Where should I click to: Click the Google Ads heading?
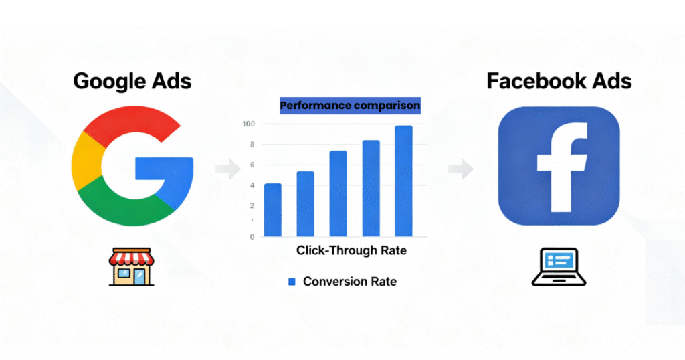pos(132,81)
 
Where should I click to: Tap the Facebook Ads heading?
pos(559,81)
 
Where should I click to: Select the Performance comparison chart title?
pos(350,106)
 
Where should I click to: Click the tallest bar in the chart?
pos(403,181)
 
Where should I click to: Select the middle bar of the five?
pos(338,193)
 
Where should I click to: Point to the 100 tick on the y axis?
pos(249,124)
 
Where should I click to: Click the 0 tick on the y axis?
pos(252,237)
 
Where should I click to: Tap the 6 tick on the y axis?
pos(252,165)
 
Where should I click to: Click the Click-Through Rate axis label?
pos(351,251)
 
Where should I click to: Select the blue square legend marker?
pos(292,282)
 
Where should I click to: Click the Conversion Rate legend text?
pos(349,282)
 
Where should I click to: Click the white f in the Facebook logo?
pos(561,167)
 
